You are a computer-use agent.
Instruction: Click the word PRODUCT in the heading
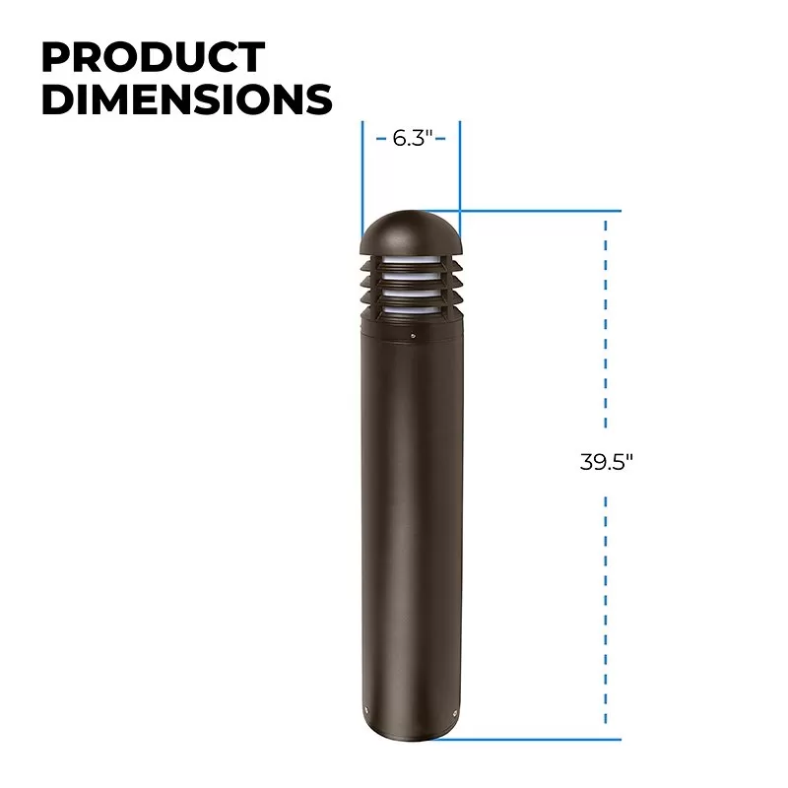pyautogui.click(x=154, y=57)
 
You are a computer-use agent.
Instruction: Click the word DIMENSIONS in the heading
pyautogui.click(x=187, y=99)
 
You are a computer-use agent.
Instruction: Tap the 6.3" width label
pyautogui.click(x=412, y=138)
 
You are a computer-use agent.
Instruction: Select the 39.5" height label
pyautogui.click(x=606, y=462)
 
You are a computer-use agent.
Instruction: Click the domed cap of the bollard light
pyautogui.click(x=410, y=232)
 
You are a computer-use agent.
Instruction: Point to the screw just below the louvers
pyautogui.click(x=413, y=335)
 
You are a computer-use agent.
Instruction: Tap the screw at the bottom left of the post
pyautogui.click(x=366, y=710)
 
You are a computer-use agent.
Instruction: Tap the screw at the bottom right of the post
pyautogui.click(x=455, y=712)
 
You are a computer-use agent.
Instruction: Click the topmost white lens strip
pyautogui.click(x=411, y=259)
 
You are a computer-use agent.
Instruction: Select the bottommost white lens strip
pyautogui.click(x=411, y=310)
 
